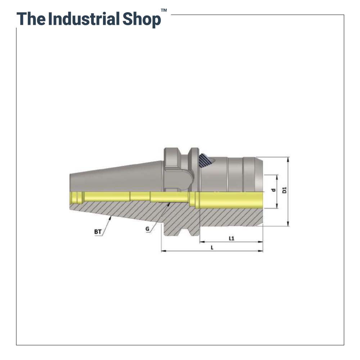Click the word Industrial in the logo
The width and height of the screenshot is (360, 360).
[x=84, y=19]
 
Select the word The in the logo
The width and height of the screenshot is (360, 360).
[x=31, y=19]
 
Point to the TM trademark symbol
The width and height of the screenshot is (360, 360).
[x=164, y=10]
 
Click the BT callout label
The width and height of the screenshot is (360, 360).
[x=98, y=231]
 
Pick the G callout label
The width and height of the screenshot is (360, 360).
[x=147, y=229]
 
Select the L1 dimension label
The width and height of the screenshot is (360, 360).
[x=231, y=238]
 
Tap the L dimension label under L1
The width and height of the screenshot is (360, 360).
[x=212, y=248]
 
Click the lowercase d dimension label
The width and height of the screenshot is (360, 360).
[x=273, y=190]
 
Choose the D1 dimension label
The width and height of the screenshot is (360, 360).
[x=285, y=190]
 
